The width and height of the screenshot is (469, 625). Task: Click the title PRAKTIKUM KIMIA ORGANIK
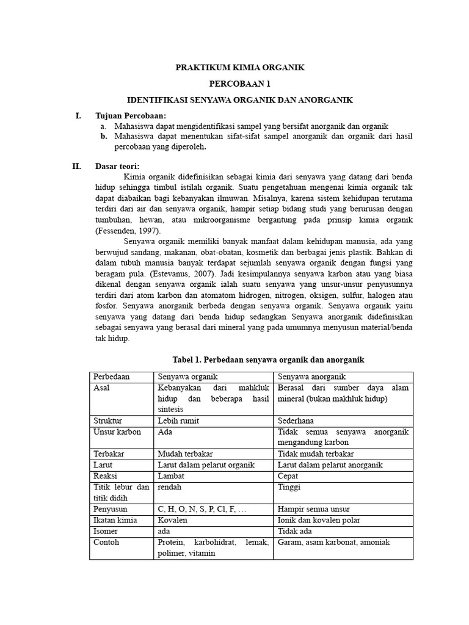(x=239, y=67)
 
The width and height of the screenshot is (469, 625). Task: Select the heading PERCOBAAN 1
(x=239, y=84)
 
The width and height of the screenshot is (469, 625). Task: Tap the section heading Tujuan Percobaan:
(x=130, y=115)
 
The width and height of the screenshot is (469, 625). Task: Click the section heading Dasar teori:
(x=117, y=166)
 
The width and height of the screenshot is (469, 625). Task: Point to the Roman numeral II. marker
(x=78, y=166)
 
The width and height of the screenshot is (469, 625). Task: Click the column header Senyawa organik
(x=187, y=377)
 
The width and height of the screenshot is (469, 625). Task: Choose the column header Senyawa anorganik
(x=311, y=377)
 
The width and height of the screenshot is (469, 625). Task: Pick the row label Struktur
(x=107, y=421)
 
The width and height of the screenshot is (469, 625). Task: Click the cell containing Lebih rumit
(x=178, y=421)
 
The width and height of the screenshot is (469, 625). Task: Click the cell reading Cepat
(x=288, y=475)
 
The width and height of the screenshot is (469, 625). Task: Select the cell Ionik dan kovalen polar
(x=319, y=520)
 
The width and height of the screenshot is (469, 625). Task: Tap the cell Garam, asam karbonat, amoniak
(x=333, y=542)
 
